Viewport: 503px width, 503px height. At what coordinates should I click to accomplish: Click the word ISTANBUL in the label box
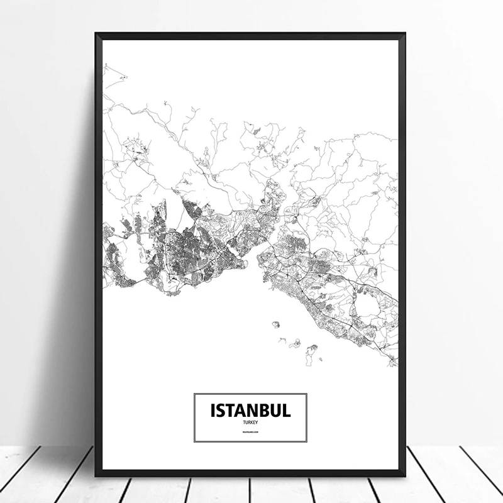pyautogui.click(x=250, y=411)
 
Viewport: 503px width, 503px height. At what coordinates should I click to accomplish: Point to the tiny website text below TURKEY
pyautogui.click(x=250, y=433)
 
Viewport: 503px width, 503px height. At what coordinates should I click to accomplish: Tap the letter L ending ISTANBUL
pyautogui.click(x=287, y=411)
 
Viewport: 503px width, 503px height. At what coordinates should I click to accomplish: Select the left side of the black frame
pyautogui.click(x=98, y=251)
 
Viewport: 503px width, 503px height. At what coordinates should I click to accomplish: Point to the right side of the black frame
pyautogui.click(x=402, y=251)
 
